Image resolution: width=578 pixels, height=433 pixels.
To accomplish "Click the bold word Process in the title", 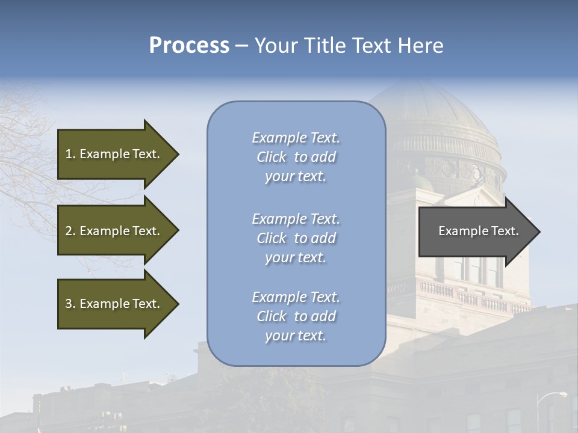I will [189, 46].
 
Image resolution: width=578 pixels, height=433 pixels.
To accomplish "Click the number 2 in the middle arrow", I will [69, 231].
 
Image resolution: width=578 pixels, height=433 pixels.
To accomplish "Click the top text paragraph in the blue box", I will [296, 157].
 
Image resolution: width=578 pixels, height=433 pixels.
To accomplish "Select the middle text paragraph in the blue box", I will [296, 238].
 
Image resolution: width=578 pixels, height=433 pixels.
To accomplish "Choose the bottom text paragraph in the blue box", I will [296, 316].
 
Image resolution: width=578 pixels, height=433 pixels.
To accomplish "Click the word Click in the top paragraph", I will [272, 158].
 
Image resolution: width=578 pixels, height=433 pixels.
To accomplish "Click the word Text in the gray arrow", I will [506, 231].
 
